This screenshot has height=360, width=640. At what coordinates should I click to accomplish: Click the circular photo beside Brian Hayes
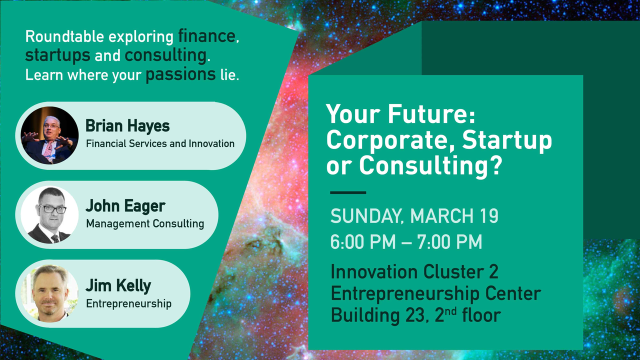point(49,135)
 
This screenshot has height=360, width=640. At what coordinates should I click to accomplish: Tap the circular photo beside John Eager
point(49,215)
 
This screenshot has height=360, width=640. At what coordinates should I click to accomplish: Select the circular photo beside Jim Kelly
point(49,293)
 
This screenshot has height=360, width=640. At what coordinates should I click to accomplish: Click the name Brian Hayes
point(127,126)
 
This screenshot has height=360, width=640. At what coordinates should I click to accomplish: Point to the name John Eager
point(125,206)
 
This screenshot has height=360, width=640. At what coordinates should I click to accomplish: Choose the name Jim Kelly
point(118,285)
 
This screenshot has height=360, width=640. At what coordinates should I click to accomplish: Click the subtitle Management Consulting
point(145,223)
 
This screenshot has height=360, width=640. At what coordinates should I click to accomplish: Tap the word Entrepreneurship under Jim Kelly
point(129,303)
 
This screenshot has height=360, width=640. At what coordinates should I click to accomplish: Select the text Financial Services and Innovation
point(160,143)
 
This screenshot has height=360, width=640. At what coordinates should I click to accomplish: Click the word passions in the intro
point(180,74)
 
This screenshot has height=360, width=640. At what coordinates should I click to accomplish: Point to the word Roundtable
point(64,37)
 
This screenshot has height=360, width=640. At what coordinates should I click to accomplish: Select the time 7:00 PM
point(449,241)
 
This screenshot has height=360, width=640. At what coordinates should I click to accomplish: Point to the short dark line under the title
point(348,192)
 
